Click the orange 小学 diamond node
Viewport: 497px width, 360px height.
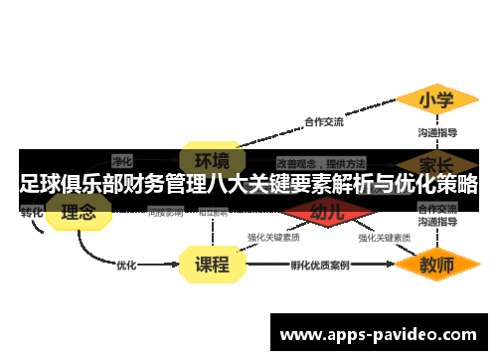[x=436, y=99]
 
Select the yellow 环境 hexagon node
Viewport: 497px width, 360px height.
[x=212, y=160]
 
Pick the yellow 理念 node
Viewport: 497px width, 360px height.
[x=79, y=212]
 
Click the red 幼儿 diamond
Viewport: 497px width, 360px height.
[x=327, y=212]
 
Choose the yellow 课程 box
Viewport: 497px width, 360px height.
[x=212, y=265]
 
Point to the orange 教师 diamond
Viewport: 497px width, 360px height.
[x=436, y=266]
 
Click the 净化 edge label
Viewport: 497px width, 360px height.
[x=122, y=160]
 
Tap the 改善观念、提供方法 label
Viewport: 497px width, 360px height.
[x=321, y=161]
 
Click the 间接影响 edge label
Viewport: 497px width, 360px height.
[x=165, y=212]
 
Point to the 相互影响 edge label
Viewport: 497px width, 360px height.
[x=213, y=212]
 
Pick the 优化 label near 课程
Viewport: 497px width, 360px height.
[x=126, y=266]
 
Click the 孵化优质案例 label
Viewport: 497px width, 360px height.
[x=320, y=266]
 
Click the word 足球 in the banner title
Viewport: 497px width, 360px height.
[x=37, y=184]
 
